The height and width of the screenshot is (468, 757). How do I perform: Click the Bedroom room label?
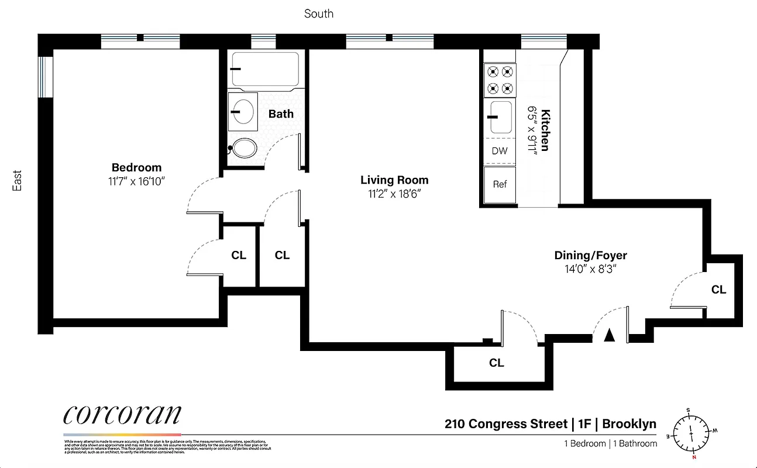tap(136, 167)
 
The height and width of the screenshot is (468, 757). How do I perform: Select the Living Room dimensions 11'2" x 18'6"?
tap(394, 194)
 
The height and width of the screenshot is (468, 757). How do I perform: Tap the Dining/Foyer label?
tap(590, 255)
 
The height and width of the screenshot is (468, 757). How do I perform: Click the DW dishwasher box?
tap(500, 151)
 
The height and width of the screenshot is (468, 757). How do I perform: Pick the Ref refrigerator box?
tap(500, 184)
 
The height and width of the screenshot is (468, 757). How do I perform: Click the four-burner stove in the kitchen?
tap(500, 80)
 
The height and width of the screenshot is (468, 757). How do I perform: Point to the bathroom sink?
tap(242, 111)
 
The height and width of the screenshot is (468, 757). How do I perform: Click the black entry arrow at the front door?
tap(610, 335)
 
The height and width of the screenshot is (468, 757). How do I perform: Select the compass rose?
tap(691, 433)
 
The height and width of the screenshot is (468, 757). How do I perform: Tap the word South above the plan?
tap(319, 13)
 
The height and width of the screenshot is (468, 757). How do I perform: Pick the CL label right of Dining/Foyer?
tap(718, 290)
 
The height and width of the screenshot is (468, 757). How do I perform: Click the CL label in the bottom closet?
tap(496, 363)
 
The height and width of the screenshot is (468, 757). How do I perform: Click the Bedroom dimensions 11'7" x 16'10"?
tap(136, 181)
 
